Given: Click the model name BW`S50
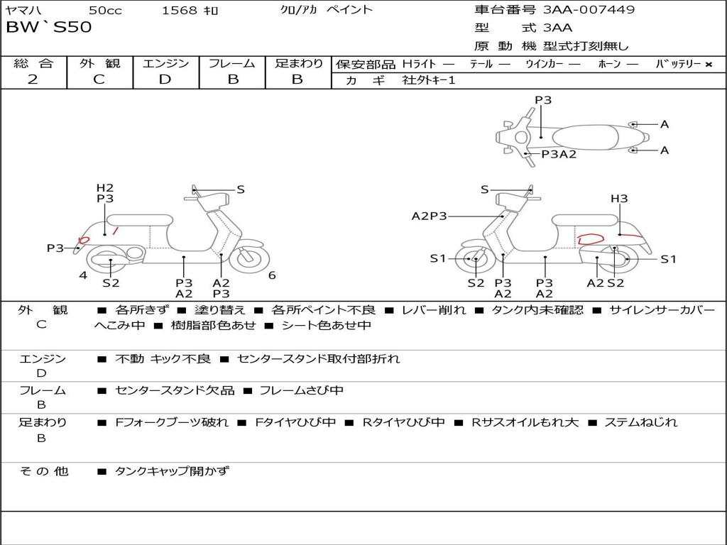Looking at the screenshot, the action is pyautogui.click(x=48, y=28).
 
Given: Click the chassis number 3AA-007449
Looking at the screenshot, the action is pyautogui.click(x=589, y=10).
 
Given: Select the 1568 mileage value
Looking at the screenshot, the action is pyautogui.click(x=180, y=11).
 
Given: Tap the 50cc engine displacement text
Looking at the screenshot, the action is pyautogui.click(x=104, y=11).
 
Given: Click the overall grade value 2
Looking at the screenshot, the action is pyautogui.click(x=33, y=79).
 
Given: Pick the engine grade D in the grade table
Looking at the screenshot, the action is pyautogui.click(x=165, y=79).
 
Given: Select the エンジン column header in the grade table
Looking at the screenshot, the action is pyautogui.click(x=165, y=63).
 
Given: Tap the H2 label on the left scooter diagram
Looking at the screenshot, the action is pyautogui.click(x=105, y=188).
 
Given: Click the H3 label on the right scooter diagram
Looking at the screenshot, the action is pyautogui.click(x=619, y=199).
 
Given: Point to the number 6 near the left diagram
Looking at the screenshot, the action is pyautogui.click(x=272, y=275).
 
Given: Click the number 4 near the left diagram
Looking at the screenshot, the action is pyautogui.click(x=83, y=275).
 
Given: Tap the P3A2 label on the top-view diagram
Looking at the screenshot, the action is pyautogui.click(x=559, y=154).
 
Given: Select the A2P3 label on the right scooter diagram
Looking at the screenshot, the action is pyautogui.click(x=430, y=216).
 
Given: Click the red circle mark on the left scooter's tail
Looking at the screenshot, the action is pyautogui.click(x=83, y=241).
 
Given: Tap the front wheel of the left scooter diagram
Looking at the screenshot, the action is pyautogui.click(x=248, y=258).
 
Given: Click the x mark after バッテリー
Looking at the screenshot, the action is pyautogui.click(x=708, y=64).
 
